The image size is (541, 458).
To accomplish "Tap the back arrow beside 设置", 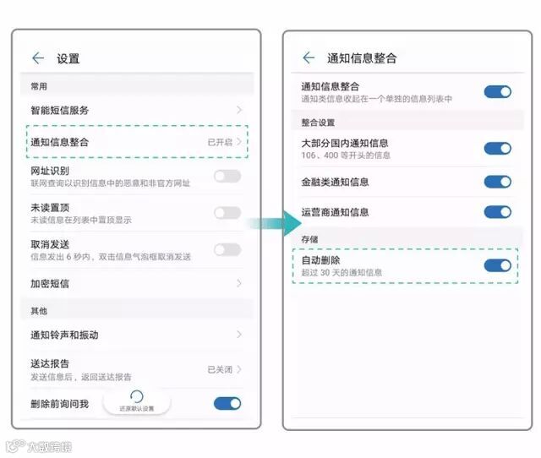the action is pos(38,58).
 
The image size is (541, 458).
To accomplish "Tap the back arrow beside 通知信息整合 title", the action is pos(308,57).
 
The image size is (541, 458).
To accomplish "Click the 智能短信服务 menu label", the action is pos(60,110).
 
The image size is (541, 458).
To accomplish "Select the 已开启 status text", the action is pos(220,142).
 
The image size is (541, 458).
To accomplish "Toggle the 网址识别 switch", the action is pos(227,176).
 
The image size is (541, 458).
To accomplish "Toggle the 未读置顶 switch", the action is pos(227,212).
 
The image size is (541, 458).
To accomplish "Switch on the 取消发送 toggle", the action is pos(227,249).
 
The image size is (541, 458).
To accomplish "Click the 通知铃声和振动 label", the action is pos(65,335).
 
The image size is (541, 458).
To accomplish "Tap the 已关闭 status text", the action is pos(220,369).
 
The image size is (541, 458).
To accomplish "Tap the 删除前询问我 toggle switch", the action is pos(227,403).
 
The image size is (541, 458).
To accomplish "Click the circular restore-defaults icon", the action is pos(136,396).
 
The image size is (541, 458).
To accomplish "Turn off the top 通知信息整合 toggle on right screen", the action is pos(497,91).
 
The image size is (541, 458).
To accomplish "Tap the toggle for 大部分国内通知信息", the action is pos(497,148).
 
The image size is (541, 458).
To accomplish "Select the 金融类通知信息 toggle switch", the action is pos(497,181).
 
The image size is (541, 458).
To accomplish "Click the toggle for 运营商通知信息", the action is pos(497,211).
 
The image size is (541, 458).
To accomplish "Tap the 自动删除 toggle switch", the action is pos(497,265).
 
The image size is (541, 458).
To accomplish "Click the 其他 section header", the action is pos(39,311).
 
